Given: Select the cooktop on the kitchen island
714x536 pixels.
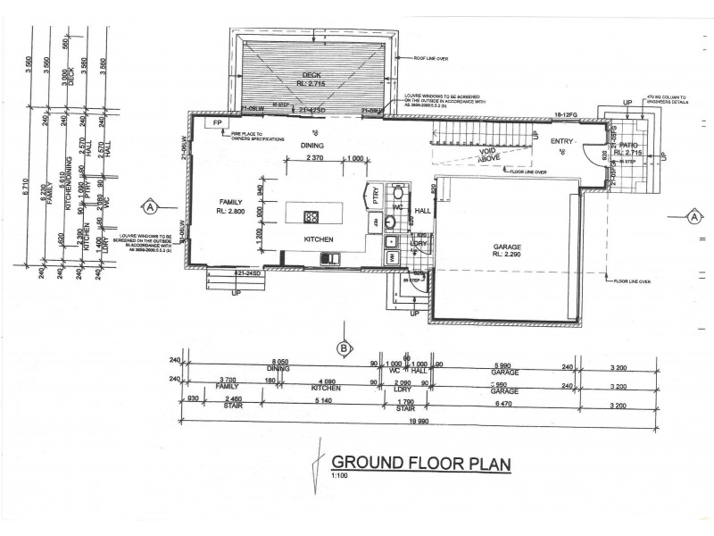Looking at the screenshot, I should pos(312,215).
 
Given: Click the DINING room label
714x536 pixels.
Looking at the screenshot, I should pos(311,145).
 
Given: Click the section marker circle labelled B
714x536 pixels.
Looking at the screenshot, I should pos(342,348).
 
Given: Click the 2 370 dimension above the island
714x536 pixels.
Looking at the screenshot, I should pos(314,158).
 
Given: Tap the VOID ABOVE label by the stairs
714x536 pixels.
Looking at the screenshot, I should pos(487,155).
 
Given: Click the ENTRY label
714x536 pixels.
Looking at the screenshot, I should pos(562,142).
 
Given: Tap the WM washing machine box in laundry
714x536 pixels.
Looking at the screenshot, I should pos(392,257).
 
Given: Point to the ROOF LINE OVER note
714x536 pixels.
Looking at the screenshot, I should pos(433,58).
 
